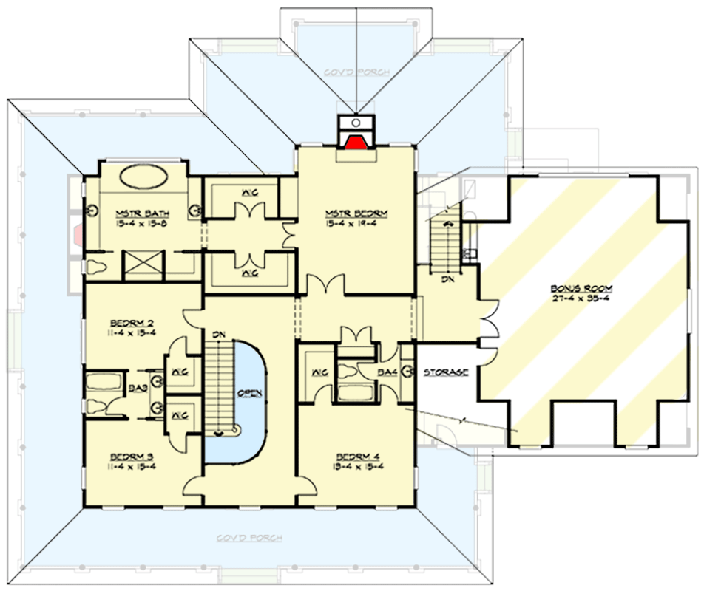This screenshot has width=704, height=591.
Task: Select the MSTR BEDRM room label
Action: click(x=356, y=214)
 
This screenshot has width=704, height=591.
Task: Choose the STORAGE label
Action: click(x=446, y=372)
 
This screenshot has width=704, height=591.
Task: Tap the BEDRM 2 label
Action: click(x=130, y=324)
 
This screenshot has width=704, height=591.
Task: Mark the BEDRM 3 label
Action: click(x=130, y=456)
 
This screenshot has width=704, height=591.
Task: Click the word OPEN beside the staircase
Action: click(x=250, y=393)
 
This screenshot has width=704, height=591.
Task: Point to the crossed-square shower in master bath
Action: click(x=142, y=263)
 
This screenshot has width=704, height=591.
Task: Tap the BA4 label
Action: click(x=385, y=372)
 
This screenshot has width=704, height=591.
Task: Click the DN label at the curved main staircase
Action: click(x=218, y=334)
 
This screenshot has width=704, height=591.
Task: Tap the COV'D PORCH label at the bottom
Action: click(x=249, y=538)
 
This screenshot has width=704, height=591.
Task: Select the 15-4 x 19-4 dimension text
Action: click(x=356, y=224)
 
